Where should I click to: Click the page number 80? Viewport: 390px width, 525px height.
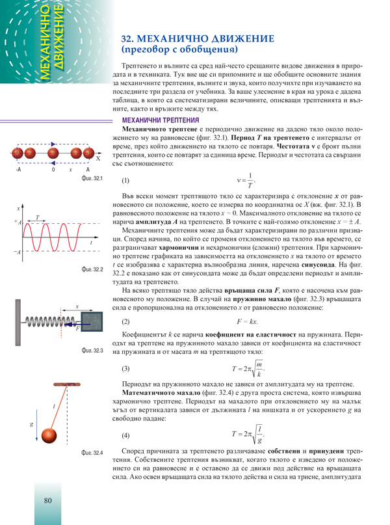(x=48, y=500)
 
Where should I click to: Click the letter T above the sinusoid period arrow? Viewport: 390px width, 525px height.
(x=37, y=218)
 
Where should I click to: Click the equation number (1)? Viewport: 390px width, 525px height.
(x=126, y=180)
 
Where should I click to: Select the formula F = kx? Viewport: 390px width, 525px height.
(x=248, y=322)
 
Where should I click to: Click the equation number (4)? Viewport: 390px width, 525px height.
(x=126, y=435)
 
